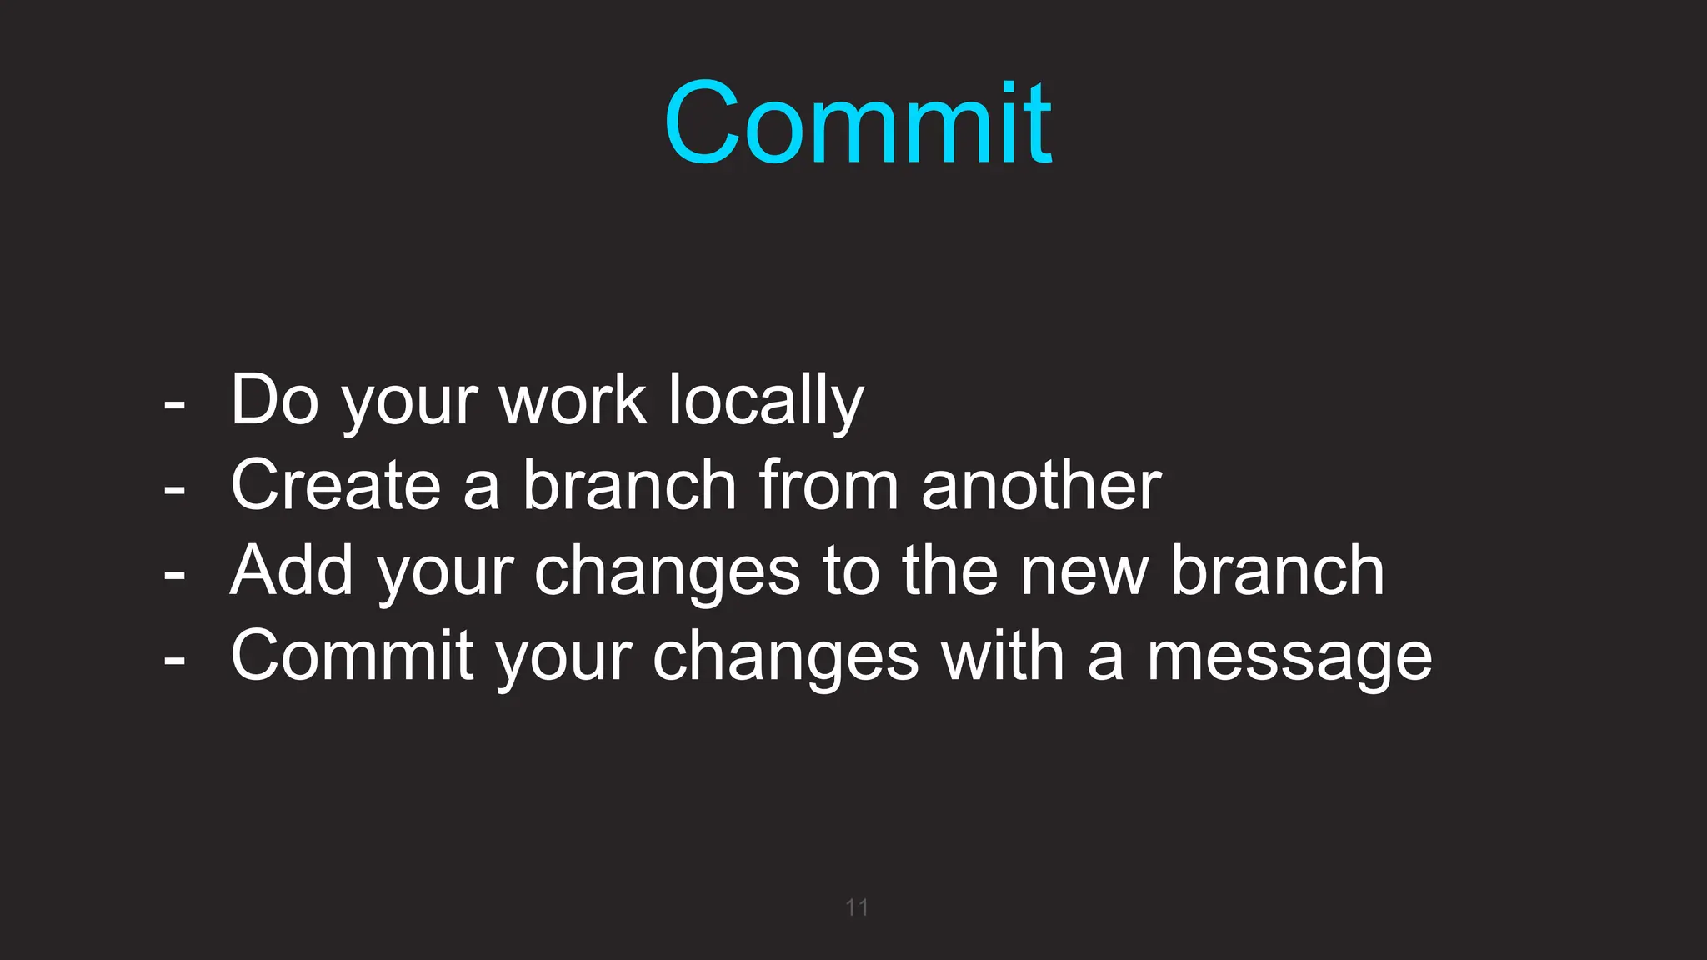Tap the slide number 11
click(x=857, y=907)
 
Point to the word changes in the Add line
click(x=667, y=572)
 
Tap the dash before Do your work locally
click(x=174, y=404)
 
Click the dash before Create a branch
click(x=174, y=489)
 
